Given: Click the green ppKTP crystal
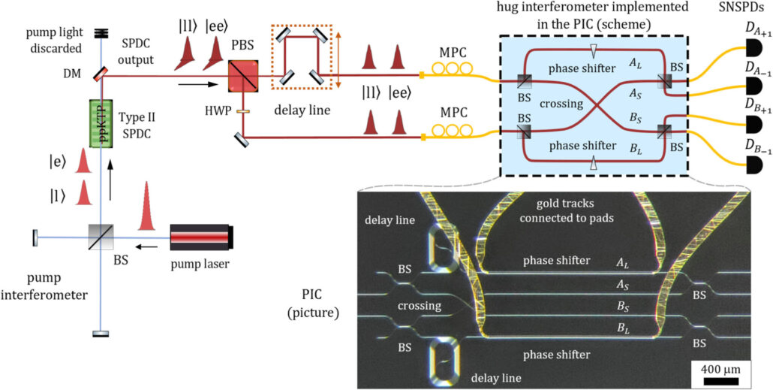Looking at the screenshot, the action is click(101, 123).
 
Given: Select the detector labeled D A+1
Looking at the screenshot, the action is click(750, 48).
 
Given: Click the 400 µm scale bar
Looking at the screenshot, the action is click(720, 381).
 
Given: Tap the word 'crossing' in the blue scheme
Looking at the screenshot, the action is click(561, 104).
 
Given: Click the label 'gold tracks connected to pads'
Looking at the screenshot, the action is click(567, 210).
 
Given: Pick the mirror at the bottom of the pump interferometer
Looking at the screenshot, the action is click(101, 334).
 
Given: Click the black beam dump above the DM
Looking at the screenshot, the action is click(101, 33).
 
